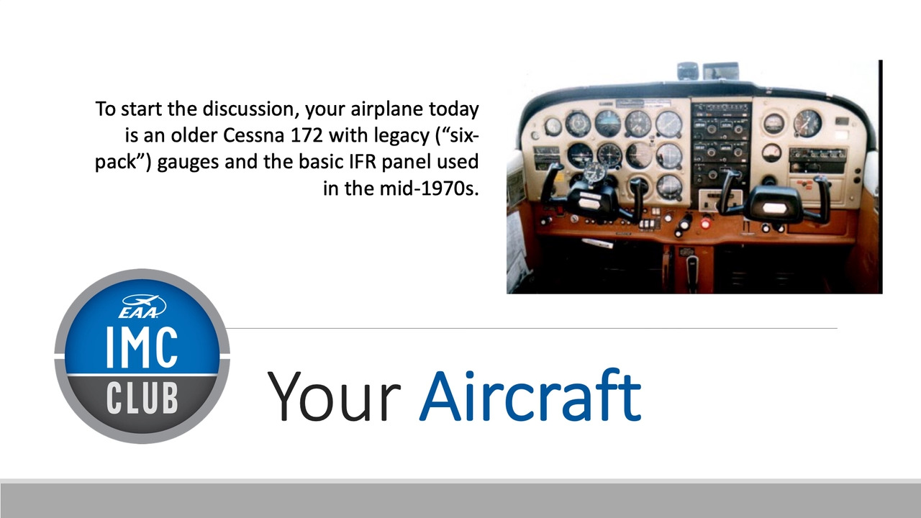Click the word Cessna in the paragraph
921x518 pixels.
[x=253, y=135]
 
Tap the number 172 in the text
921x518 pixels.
[x=307, y=135]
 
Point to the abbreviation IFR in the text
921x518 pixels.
[x=363, y=162]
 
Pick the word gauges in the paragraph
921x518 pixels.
[x=188, y=163]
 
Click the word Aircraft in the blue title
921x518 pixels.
[x=530, y=396]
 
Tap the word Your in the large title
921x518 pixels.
[x=333, y=396]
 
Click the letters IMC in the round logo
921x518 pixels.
[x=142, y=347]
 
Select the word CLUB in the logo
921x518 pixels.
[x=142, y=398]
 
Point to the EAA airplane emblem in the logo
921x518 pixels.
[x=142, y=306]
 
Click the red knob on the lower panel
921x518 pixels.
[x=706, y=224]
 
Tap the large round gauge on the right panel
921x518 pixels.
[x=807, y=123]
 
